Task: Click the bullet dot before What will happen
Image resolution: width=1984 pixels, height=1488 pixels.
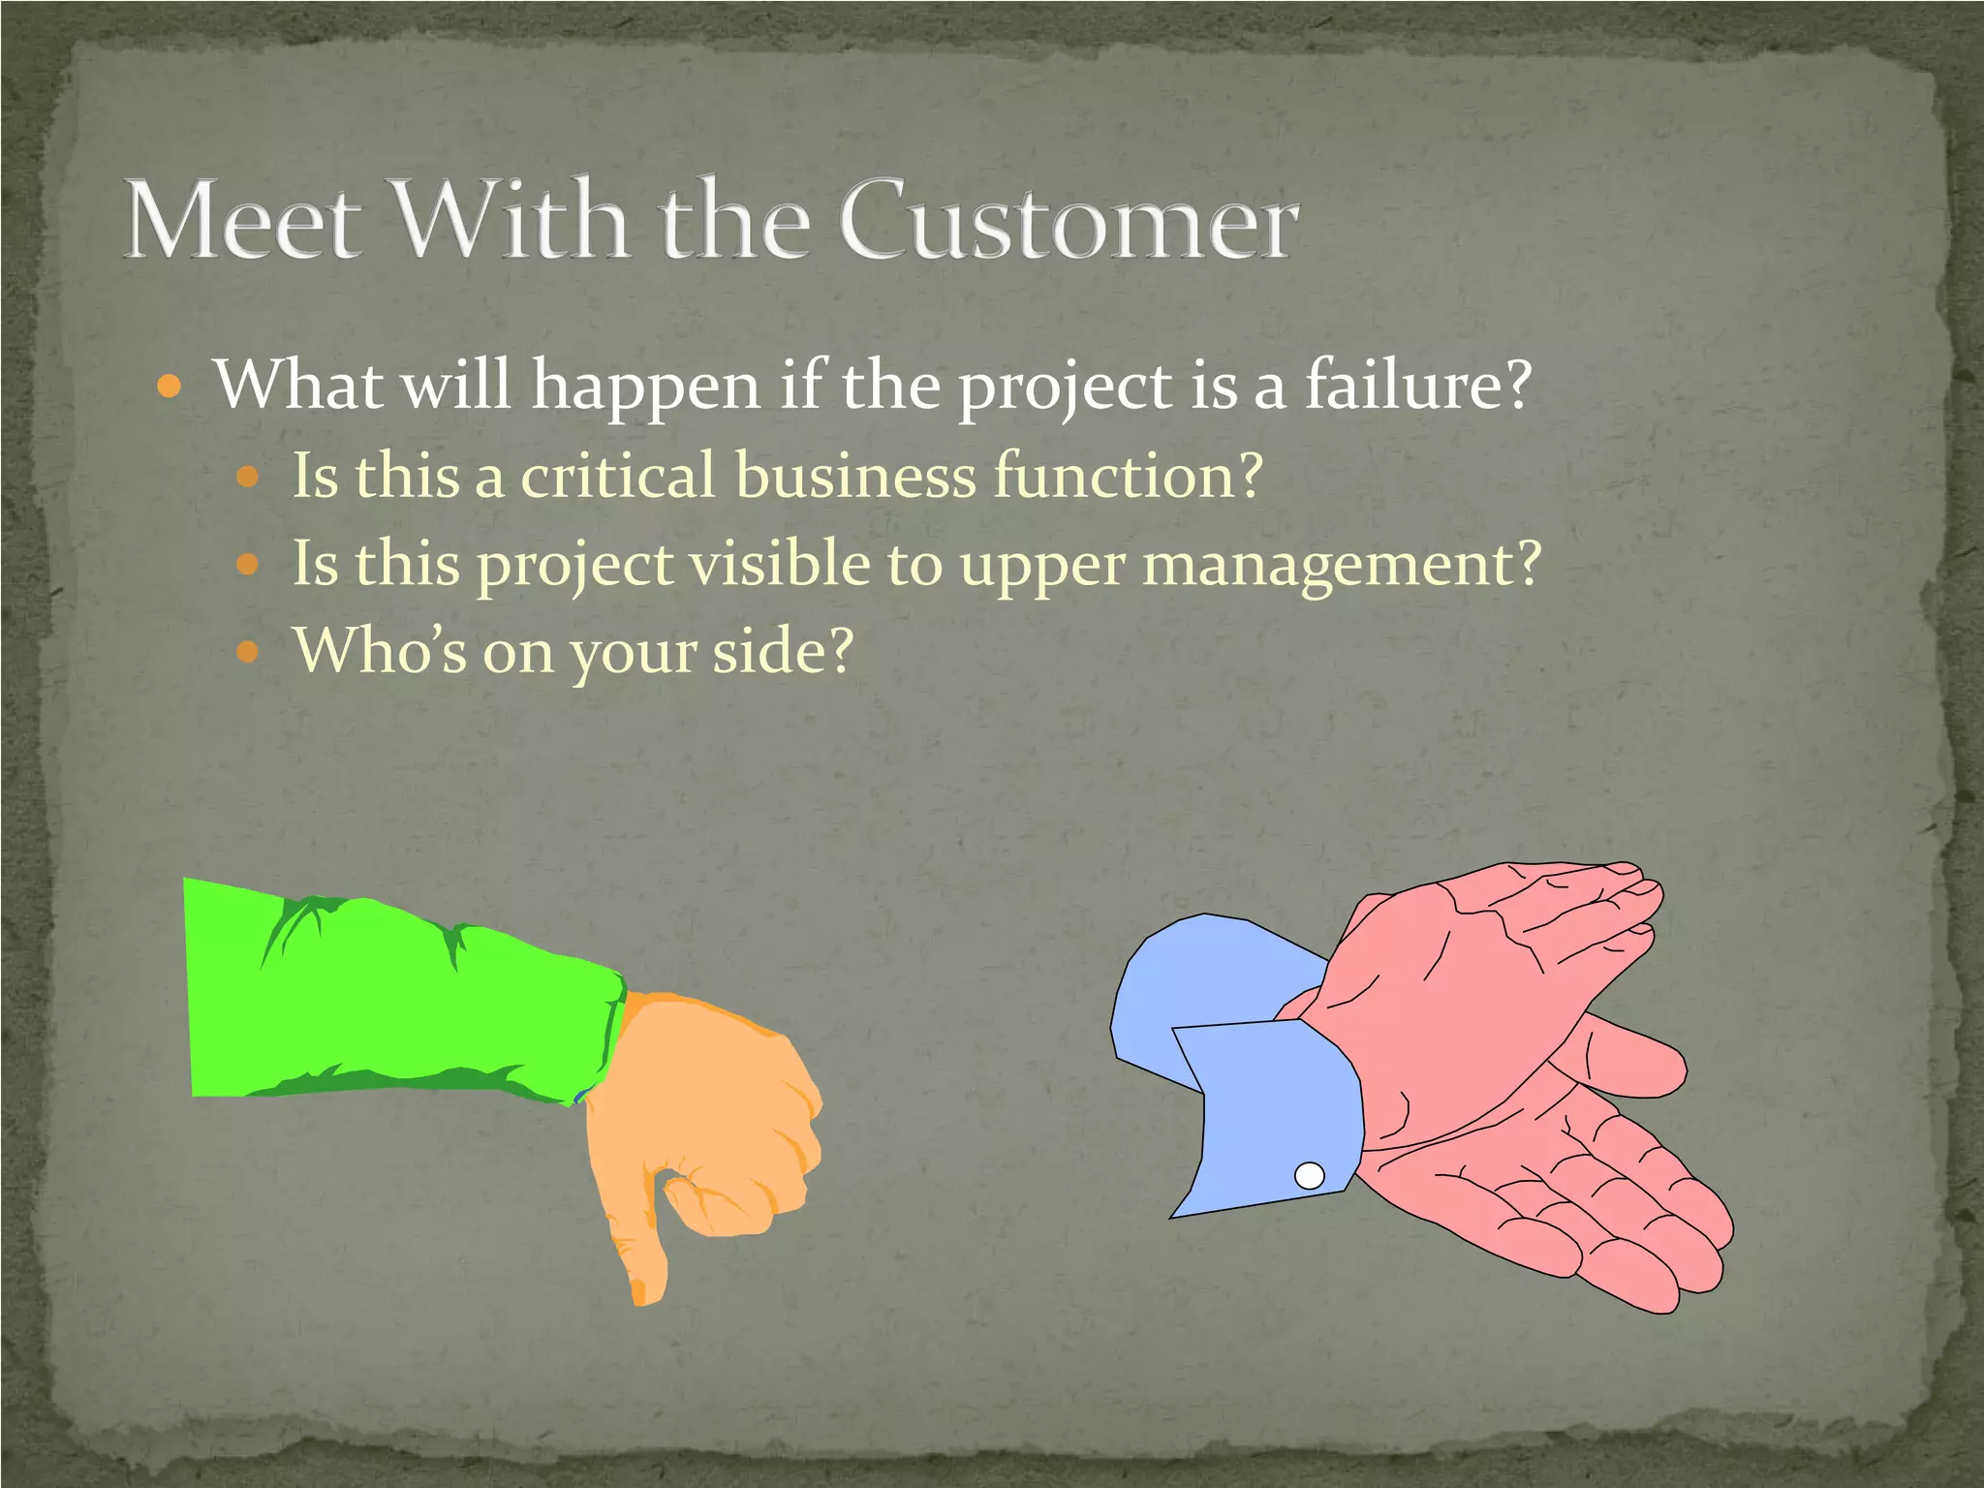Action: click(x=169, y=388)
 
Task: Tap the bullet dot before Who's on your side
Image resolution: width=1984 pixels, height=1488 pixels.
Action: click(x=248, y=651)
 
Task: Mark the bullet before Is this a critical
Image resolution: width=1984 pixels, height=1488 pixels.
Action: click(x=248, y=477)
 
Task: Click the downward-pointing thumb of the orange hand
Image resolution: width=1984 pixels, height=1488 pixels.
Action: click(x=639, y=1250)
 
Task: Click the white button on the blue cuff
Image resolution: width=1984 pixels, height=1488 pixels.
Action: click(x=1310, y=1176)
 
